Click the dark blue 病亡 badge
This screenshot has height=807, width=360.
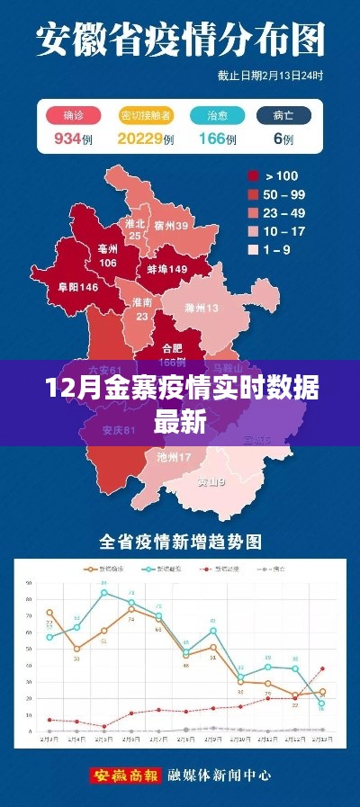283,115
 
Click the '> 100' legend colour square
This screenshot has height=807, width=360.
255,176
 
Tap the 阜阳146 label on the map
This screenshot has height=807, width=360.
76,287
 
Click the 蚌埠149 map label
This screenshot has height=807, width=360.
167,269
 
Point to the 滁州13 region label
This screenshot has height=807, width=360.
201,308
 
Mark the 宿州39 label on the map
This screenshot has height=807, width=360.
171,226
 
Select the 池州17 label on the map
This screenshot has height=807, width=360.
173,457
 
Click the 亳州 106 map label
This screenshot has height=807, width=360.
108,257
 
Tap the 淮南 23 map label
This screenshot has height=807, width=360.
141,309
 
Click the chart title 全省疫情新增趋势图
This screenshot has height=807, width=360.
180,542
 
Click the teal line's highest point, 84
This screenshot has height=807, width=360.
103,592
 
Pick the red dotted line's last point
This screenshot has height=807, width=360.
322,668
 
